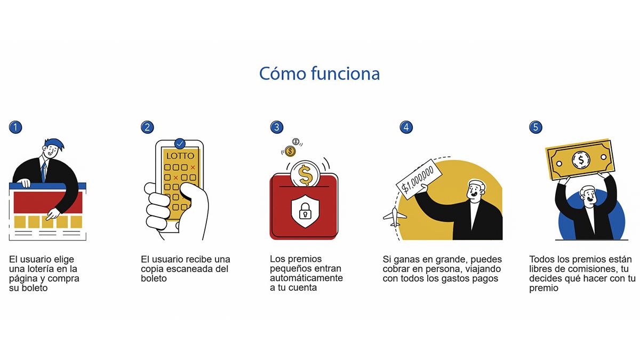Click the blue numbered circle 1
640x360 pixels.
click(15, 127)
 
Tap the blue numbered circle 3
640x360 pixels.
click(277, 127)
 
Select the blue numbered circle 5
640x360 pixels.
click(535, 127)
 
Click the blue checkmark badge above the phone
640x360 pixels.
click(180, 143)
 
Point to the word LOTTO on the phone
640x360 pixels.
click(180, 156)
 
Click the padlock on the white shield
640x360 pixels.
click(305, 211)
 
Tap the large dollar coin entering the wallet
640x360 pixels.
click(305, 174)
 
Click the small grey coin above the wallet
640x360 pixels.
click(295, 141)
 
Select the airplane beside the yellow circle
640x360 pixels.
click(395, 217)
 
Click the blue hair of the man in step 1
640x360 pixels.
click(55, 144)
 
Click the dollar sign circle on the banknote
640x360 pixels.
click(581, 159)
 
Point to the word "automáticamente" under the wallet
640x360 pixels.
click(306, 278)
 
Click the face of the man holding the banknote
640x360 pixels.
click(589, 197)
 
